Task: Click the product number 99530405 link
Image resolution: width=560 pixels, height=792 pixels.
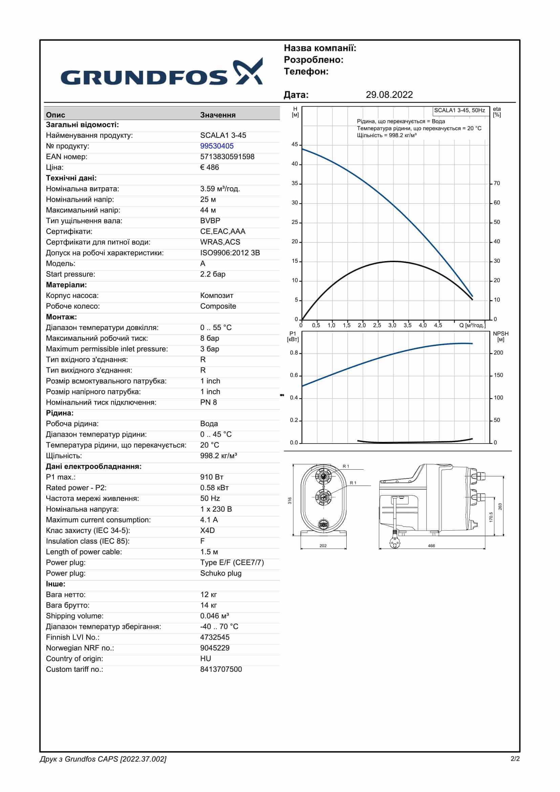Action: [217, 146]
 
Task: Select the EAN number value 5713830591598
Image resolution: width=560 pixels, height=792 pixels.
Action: [227, 157]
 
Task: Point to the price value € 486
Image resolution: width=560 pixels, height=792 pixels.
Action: [209, 167]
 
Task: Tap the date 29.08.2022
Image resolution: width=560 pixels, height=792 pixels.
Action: [389, 95]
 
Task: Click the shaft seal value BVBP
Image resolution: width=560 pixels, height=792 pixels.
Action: [210, 221]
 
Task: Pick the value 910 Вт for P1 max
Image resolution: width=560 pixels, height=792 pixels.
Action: [211, 477]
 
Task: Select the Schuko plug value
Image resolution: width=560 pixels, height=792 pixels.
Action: [221, 573]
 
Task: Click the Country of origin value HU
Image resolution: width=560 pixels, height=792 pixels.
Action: [206, 659]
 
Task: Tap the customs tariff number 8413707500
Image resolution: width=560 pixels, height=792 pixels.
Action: [221, 669]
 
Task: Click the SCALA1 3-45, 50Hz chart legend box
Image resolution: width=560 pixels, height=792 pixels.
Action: [459, 111]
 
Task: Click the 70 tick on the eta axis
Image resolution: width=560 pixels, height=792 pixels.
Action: [497, 183]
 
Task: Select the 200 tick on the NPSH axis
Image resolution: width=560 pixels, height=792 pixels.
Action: [498, 352]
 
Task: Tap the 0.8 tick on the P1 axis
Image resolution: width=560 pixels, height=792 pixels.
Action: [294, 352]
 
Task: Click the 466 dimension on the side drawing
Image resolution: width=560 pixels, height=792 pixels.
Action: [431, 546]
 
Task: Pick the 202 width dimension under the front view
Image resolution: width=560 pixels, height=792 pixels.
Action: [323, 546]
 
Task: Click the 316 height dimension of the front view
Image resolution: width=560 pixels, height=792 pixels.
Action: [290, 500]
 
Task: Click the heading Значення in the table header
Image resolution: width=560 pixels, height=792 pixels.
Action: [218, 115]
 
